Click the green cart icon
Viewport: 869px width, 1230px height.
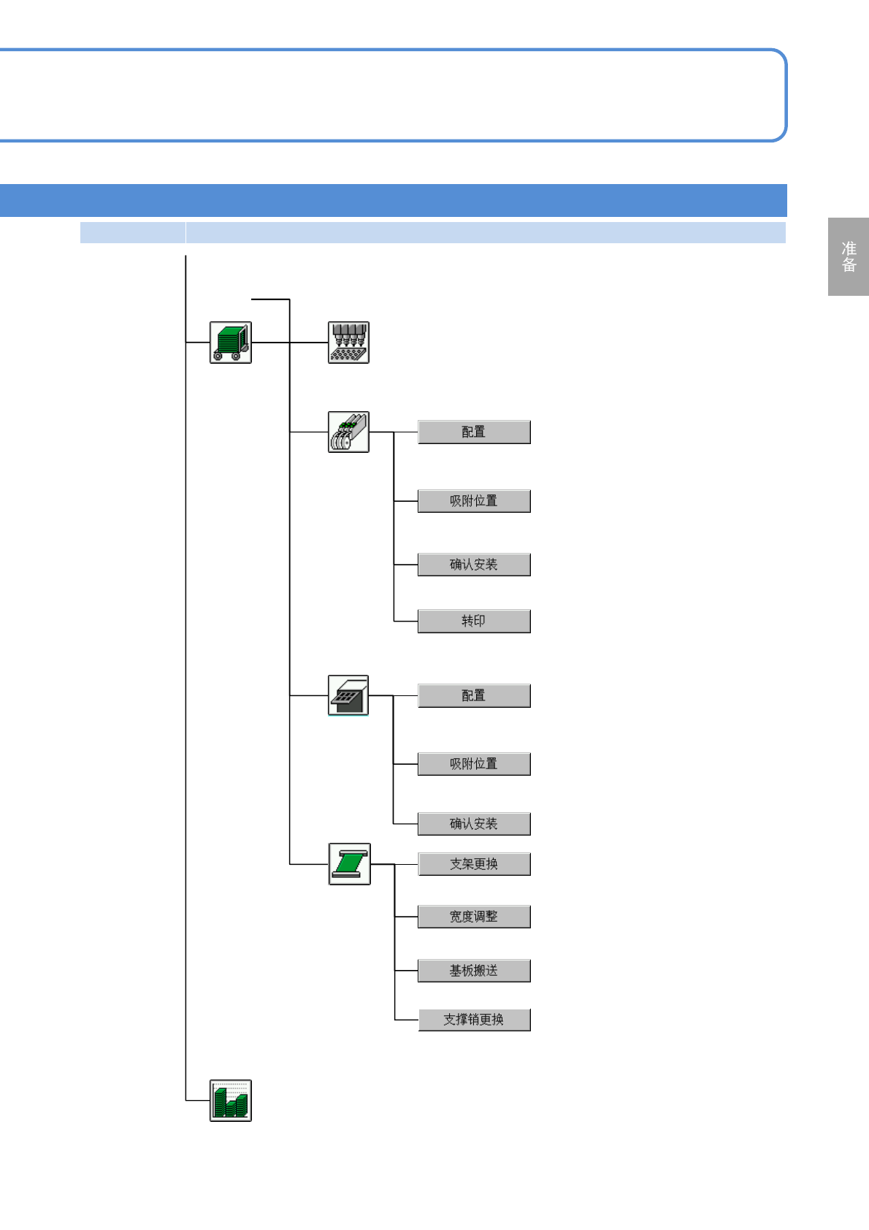pos(231,343)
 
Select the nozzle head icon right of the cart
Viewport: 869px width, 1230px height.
pos(348,343)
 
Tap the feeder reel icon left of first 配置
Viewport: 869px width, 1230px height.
pos(348,432)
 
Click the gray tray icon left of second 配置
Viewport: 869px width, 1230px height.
pos(348,695)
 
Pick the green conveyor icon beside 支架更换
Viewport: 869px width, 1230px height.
pos(349,864)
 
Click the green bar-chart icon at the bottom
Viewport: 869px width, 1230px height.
pos(231,1100)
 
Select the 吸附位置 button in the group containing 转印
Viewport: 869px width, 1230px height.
pos(474,501)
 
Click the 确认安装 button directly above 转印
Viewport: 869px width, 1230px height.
pos(474,565)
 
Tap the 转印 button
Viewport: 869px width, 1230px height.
pos(474,621)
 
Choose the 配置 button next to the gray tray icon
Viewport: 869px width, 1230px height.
pos(474,695)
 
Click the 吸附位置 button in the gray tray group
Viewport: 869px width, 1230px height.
pos(474,764)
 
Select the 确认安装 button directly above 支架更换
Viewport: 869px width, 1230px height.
pos(474,824)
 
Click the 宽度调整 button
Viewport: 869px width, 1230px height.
pos(474,917)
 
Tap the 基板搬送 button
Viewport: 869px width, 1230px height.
pos(474,971)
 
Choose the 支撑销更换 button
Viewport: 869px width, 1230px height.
pos(474,1020)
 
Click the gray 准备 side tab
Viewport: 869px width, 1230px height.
pos(849,256)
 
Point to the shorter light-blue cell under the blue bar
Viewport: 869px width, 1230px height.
pos(132,232)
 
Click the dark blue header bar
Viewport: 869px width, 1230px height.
pos(393,200)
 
